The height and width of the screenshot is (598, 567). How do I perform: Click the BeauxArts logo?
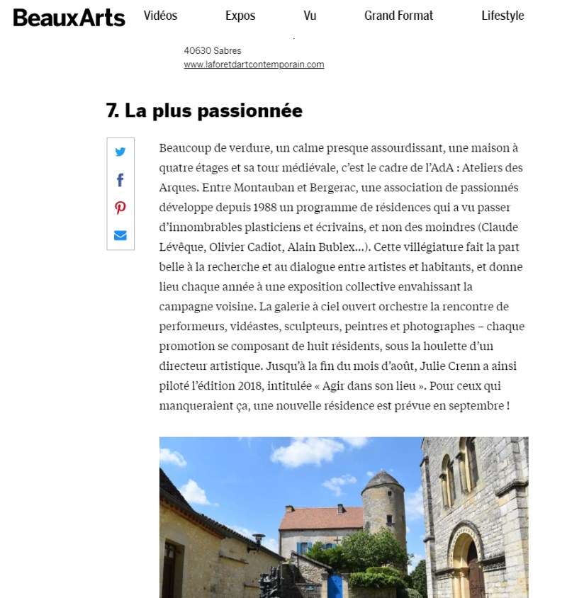(69, 17)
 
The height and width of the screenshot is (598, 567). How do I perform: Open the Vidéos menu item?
(160, 16)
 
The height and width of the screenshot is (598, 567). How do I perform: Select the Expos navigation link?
(240, 16)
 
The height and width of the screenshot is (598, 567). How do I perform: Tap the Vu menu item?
(310, 16)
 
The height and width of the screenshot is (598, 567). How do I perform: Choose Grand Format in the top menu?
(398, 16)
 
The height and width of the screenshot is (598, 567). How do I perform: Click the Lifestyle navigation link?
(503, 16)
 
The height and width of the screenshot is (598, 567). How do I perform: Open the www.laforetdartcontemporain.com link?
(254, 64)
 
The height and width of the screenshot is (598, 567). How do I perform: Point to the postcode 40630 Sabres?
(213, 51)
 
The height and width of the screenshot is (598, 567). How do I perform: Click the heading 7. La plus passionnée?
(204, 111)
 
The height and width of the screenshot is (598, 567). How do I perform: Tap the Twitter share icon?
(120, 152)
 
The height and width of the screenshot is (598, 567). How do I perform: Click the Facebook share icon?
(120, 180)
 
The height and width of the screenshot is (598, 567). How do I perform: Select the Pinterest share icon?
(120, 208)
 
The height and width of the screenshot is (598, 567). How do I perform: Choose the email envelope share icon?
(120, 235)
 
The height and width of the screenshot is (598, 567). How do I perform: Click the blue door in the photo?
(336, 586)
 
